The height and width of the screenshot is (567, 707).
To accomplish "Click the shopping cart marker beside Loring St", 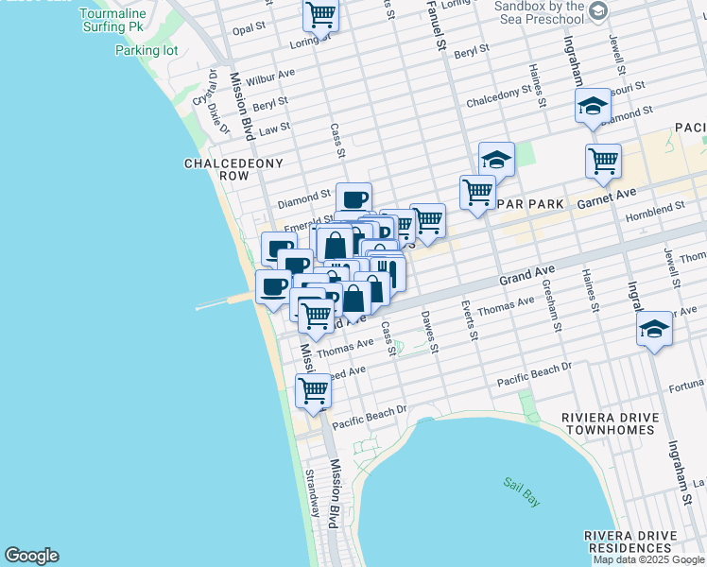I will point(320,14).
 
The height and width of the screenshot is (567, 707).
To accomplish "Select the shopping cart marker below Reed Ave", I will point(313,389).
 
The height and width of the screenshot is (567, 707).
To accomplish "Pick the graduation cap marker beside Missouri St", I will point(593,105).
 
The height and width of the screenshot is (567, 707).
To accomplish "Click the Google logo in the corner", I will point(31,556).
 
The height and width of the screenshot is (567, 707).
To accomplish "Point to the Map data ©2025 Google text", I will point(648,559).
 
